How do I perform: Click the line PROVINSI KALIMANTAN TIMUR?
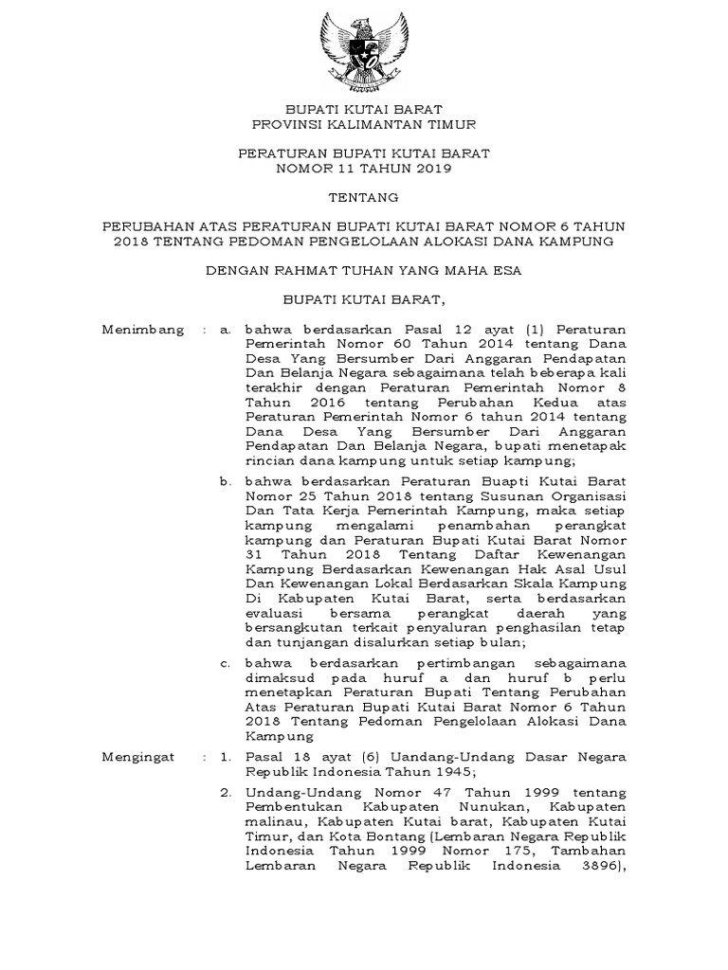pyautogui.click(x=364, y=124)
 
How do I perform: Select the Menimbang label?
pyautogui.click(x=142, y=330)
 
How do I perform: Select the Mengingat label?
pyautogui.click(x=140, y=757)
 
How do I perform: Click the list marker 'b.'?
pyautogui.click(x=226, y=481)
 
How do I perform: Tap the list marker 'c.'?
pyautogui.click(x=226, y=663)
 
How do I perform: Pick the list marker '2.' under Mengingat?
pyautogui.click(x=226, y=791)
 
